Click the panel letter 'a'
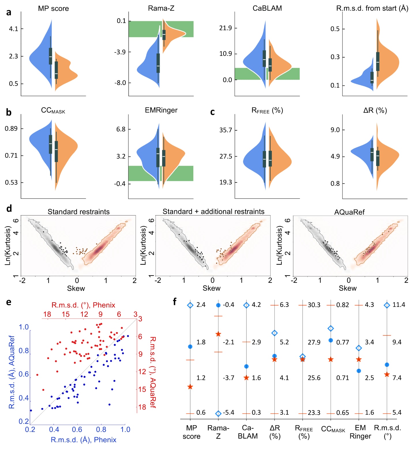(9, 12)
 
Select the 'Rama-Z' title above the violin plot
(161, 8)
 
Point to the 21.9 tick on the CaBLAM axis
(226, 28)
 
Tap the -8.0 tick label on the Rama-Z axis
(120, 83)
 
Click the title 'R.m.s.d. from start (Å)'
(372, 8)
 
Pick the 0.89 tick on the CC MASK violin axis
(11, 129)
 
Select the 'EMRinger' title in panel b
(161, 110)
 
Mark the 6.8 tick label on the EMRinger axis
(121, 129)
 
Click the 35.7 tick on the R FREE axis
(226, 130)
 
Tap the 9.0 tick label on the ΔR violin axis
(335, 130)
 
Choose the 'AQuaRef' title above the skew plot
(349, 212)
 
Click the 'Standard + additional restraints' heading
(214, 212)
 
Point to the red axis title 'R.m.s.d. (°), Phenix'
(83, 305)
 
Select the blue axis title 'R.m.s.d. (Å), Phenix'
(84, 440)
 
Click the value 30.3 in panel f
(314, 305)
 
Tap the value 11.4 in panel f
(399, 305)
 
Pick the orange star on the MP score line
(190, 387)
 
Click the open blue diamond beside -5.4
(218, 414)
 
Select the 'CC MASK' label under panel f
(333, 429)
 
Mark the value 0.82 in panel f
(342, 305)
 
